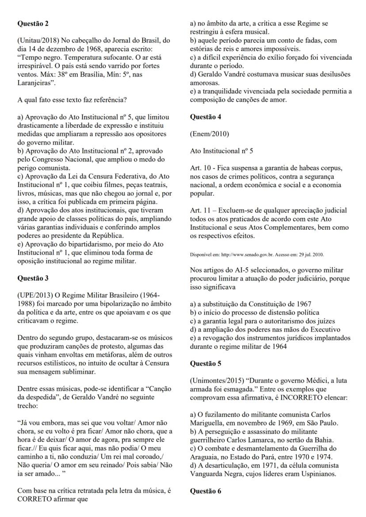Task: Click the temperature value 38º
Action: point(58,75)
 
